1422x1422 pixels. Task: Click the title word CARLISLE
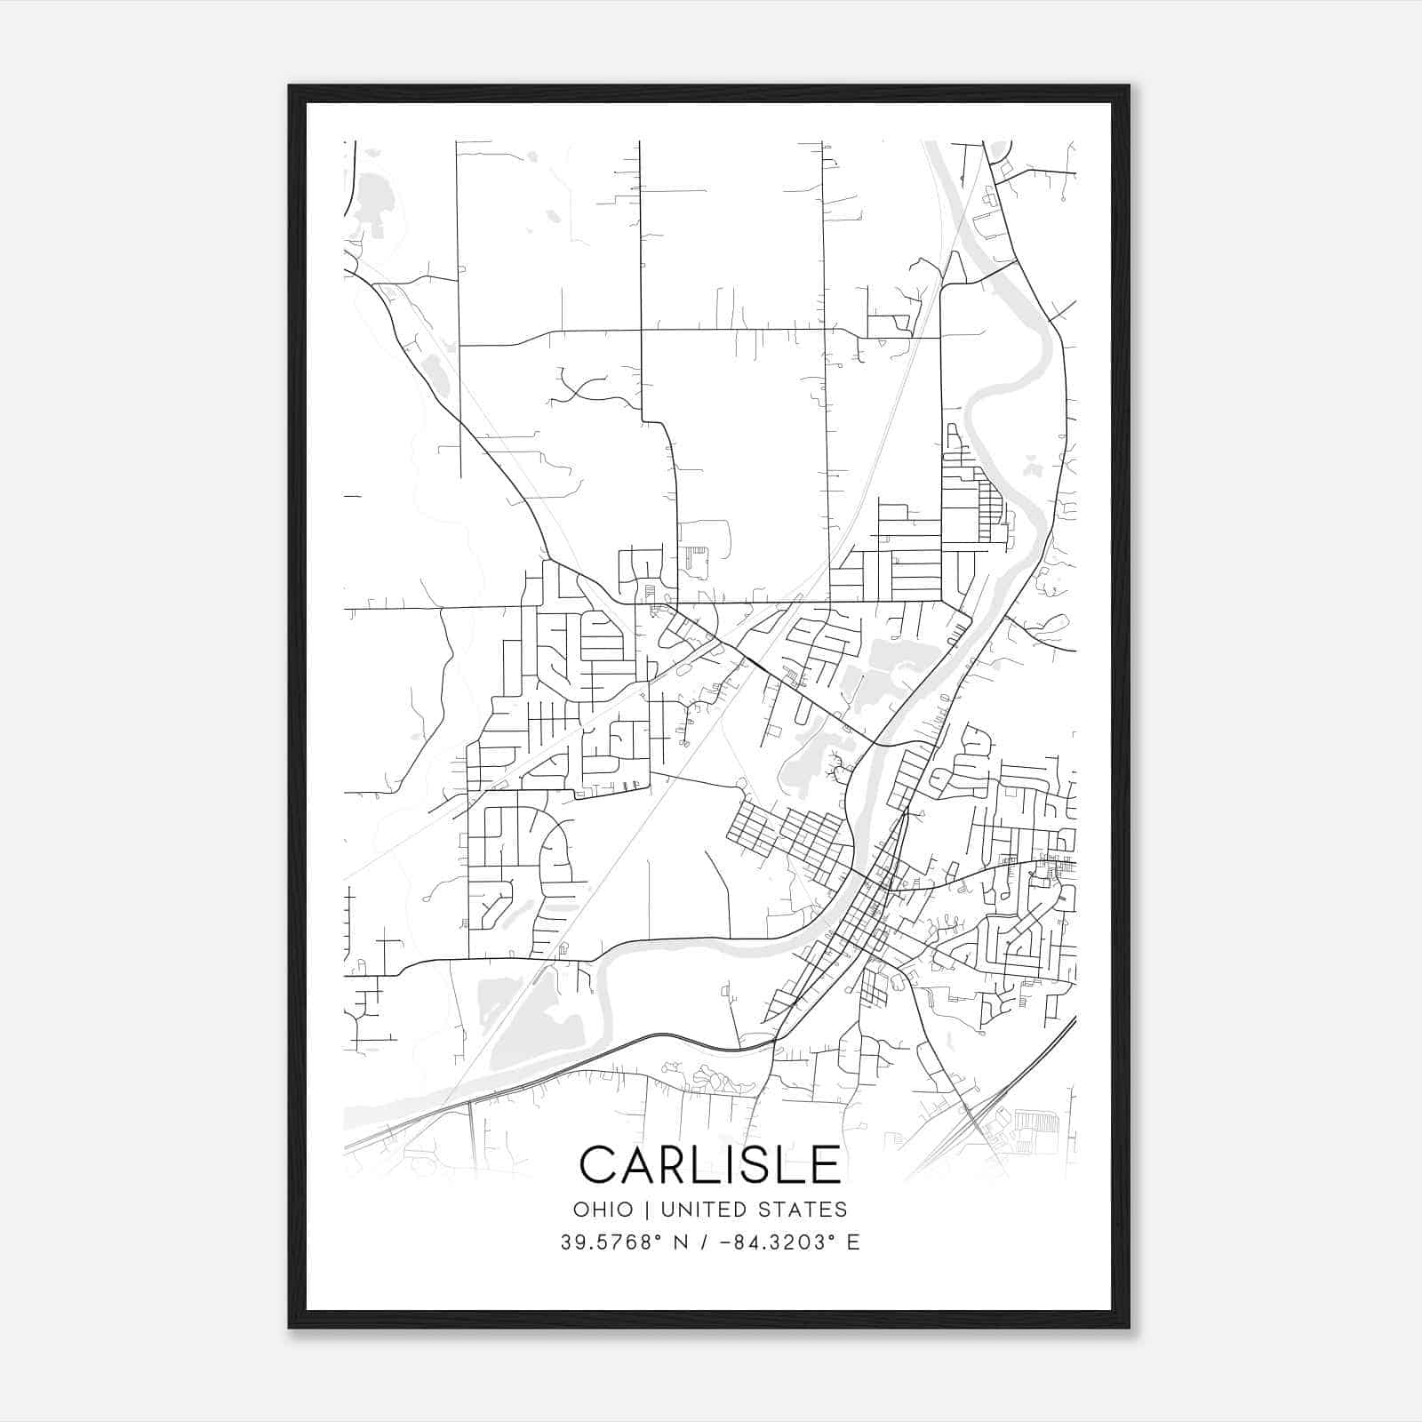click(709, 1164)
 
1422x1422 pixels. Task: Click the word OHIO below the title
click(603, 1210)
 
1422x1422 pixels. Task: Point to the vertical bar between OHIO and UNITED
click(646, 1210)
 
